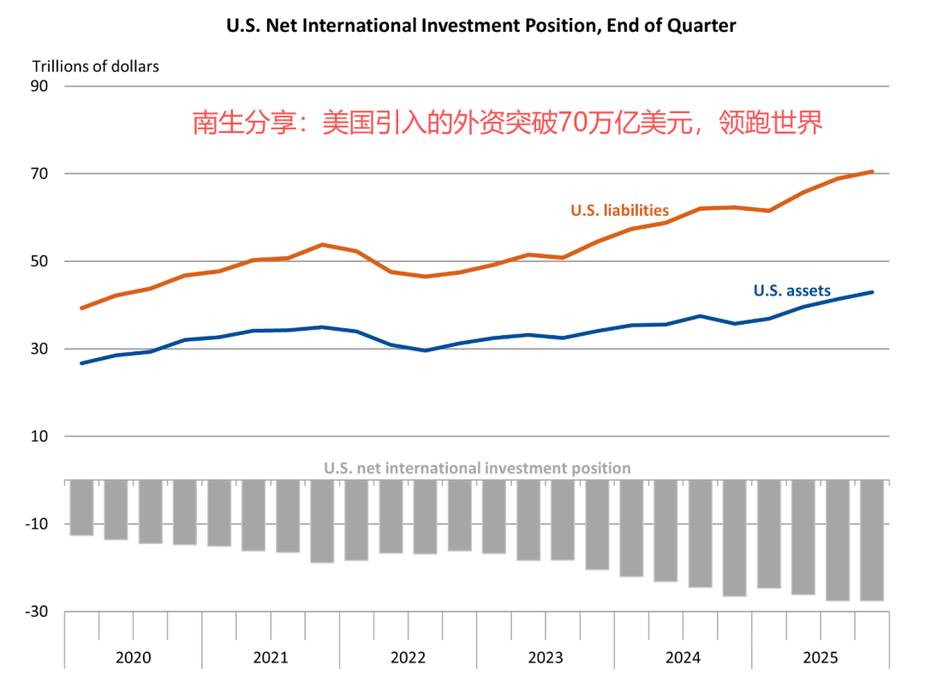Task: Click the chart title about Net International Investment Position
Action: tap(480, 26)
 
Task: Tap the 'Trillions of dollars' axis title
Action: tap(96, 66)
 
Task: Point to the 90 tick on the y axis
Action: tap(40, 87)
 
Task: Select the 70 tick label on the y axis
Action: tap(40, 174)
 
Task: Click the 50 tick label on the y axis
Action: tap(40, 261)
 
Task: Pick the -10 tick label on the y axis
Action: tap(37, 523)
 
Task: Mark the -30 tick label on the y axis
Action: tap(37, 612)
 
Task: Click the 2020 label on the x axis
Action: tap(133, 658)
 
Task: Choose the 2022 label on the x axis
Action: tap(408, 658)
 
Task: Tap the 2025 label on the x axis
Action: tap(821, 658)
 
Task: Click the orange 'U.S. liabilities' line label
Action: tap(619, 211)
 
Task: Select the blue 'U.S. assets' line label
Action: tap(791, 290)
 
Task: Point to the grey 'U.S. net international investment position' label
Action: tap(477, 469)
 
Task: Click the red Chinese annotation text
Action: tap(507, 123)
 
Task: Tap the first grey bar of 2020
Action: tap(81, 507)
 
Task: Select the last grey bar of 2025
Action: tap(872, 540)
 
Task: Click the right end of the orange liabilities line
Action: tap(872, 172)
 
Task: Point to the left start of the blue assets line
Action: tap(81, 363)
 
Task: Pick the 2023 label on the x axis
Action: tap(546, 658)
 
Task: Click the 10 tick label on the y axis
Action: tap(40, 436)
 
